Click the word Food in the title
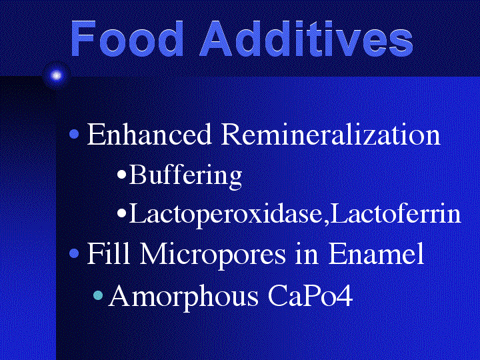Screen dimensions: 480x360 (x=127, y=39)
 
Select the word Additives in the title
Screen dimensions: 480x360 (x=307, y=39)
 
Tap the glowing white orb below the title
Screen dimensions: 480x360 (x=56, y=75)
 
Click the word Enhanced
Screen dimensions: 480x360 (x=149, y=134)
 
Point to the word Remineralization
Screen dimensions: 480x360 (x=331, y=134)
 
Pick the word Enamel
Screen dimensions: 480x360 (x=376, y=253)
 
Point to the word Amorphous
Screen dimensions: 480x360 (x=183, y=297)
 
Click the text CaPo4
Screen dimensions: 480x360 (x=311, y=295)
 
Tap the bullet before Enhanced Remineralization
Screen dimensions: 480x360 (x=75, y=134)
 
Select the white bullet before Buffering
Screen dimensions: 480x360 (x=122, y=175)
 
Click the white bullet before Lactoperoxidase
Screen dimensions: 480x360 (x=122, y=213)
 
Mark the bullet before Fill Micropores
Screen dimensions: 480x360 (x=75, y=253)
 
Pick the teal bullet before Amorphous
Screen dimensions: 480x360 (x=98, y=295)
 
